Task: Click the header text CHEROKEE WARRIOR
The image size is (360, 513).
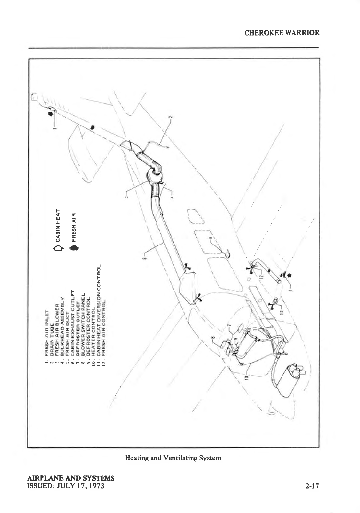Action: pyautogui.click(x=282, y=33)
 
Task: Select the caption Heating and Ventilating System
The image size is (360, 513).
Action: pyautogui.click(x=173, y=458)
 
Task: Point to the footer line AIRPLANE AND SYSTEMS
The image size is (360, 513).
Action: pyautogui.click(x=71, y=478)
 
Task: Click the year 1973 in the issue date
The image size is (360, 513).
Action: pyautogui.click(x=96, y=486)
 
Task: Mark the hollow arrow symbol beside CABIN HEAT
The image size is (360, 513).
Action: pyautogui.click(x=58, y=248)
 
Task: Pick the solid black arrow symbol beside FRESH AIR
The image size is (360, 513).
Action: pyautogui.click(x=74, y=248)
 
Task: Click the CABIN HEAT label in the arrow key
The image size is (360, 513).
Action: pyautogui.click(x=58, y=226)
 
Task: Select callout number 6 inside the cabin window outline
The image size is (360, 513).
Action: pyautogui.click(x=210, y=238)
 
